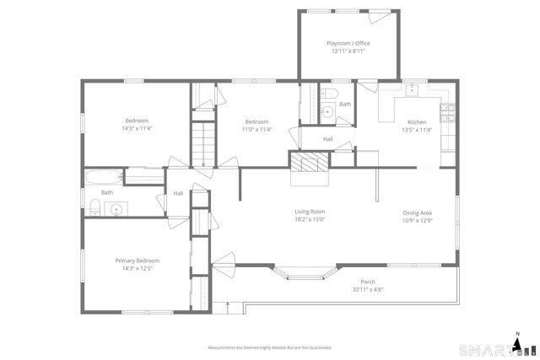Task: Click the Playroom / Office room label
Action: coord(348,43)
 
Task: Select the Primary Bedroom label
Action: coord(137,261)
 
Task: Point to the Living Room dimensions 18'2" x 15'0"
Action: coord(310,219)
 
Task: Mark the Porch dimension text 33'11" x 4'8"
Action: coord(368,289)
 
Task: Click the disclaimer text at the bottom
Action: coord(270,347)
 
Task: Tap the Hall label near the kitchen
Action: coord(327,139)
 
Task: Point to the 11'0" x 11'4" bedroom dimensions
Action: coord(256,130)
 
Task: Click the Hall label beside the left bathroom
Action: coord(178,193)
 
